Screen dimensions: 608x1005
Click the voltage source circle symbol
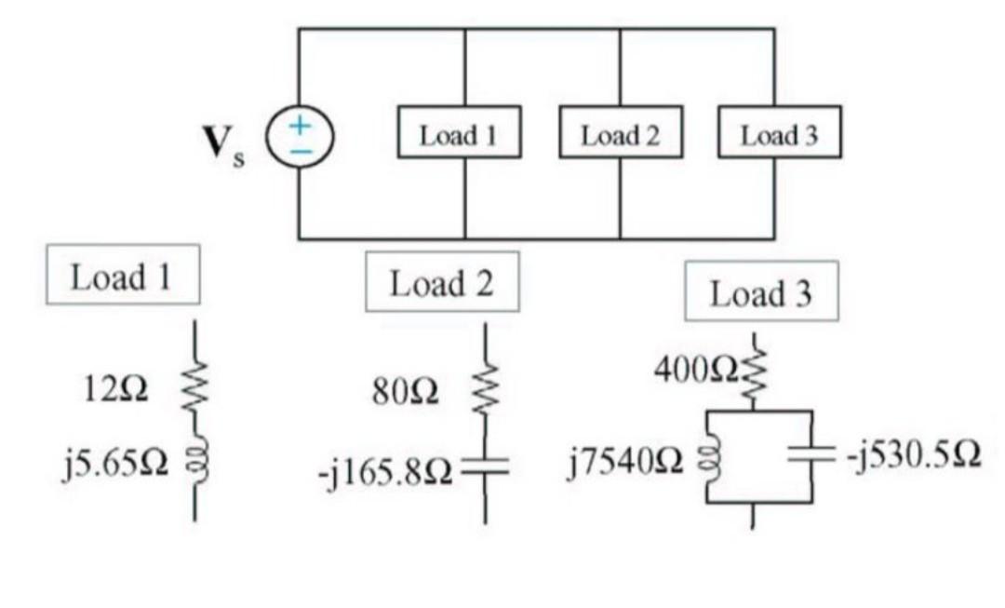coord(297,136)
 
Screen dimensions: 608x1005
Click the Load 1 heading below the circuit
coord(121,276)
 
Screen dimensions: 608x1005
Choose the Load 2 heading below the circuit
coord(441,282)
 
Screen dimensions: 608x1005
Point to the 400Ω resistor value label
coord(694,371)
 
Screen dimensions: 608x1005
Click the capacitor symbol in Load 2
coord(485,469)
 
